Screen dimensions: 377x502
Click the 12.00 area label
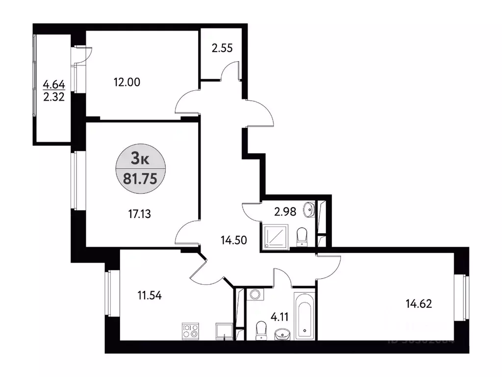click(127, 82)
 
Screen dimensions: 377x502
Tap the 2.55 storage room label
click(222, 49)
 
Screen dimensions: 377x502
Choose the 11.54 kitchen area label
click(149, 296)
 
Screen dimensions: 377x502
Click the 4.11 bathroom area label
click(282, 317)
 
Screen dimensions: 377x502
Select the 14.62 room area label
click(419, 304)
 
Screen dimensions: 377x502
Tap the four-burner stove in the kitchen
click(191, 331)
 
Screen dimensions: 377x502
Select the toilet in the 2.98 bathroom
click(302, 236)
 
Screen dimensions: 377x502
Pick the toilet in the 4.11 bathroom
click(261, 329)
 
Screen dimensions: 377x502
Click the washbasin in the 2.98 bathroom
click(309, 210)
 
